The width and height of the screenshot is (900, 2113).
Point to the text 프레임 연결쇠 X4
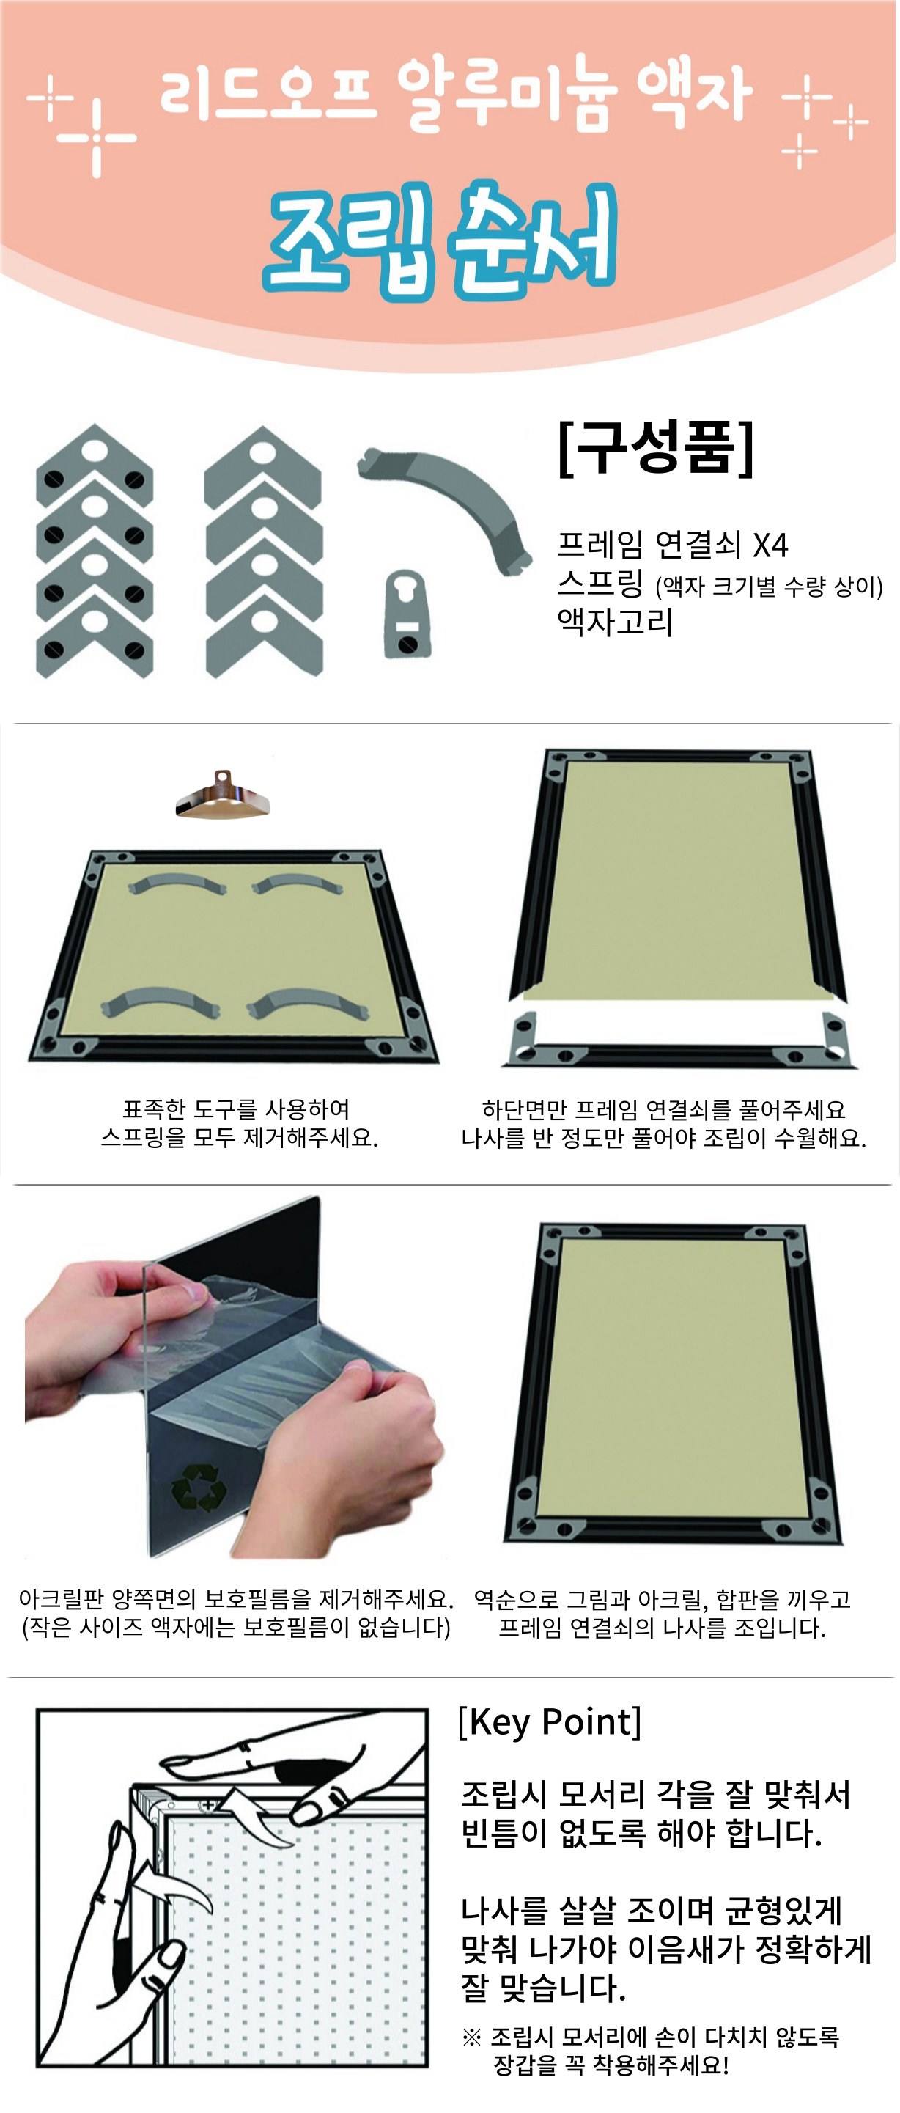click(672, 545)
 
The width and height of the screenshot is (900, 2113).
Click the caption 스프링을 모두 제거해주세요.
click(240, 1138)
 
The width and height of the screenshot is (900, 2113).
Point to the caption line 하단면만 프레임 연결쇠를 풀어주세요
click(664, 1109)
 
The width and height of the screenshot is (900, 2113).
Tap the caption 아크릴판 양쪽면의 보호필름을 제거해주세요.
click(236, 1599)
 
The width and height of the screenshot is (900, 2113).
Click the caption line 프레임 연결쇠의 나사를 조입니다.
click(663, 1628)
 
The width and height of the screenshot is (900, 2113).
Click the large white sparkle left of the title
click(97, 139)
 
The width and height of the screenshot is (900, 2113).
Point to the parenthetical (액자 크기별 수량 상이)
click(769, 587)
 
